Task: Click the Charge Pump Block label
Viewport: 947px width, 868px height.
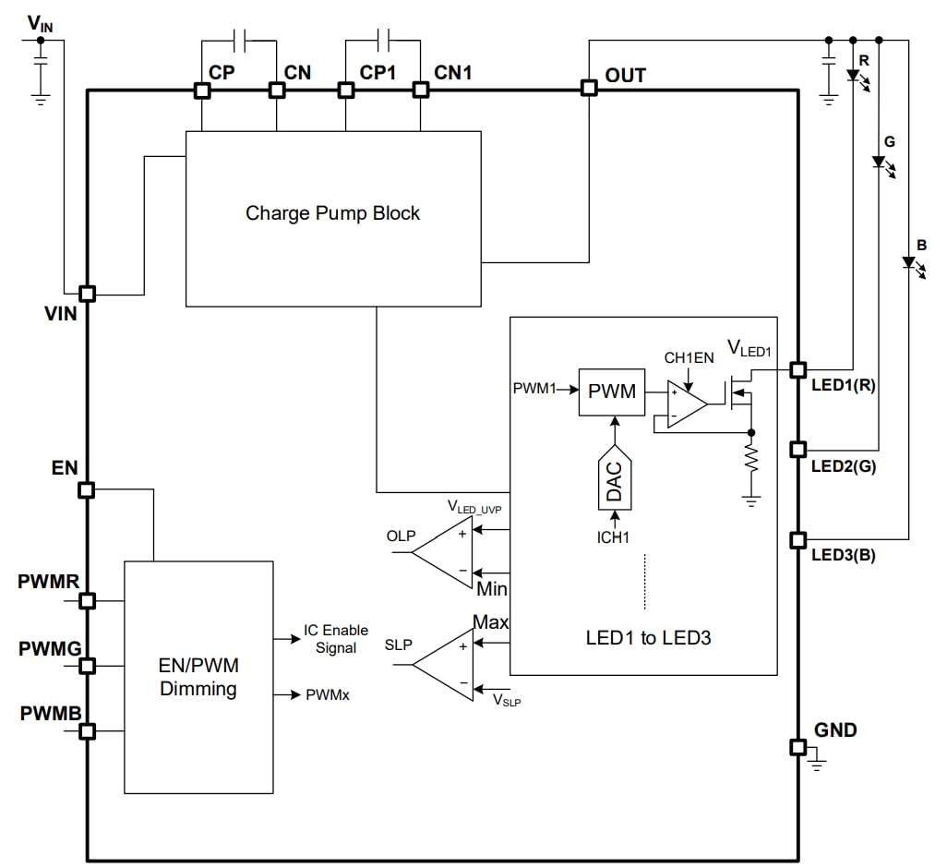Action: [x=332, y=213]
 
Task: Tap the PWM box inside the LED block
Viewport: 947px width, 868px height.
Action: [x=612, y=391]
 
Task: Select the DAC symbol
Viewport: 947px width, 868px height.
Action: [x=614, y=478]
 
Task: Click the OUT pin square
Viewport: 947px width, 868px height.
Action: [x=588, y=88]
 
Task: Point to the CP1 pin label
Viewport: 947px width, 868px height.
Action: [x=378, y=72]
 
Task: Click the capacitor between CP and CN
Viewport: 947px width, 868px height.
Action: [x=239, y=40]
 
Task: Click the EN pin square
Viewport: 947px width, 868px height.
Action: [x=87, y=489]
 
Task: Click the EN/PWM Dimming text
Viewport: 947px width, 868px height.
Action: [x=198, y=677]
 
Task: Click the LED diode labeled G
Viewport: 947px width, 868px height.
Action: [x=879, y=162]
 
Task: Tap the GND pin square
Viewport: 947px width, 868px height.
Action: [x=797, y=746]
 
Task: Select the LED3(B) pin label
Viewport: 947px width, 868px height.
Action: [x=843, y=555]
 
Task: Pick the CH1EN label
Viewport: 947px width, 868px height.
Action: [x=689, y=357]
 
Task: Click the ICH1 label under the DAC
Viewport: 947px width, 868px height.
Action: [x=614, y=536]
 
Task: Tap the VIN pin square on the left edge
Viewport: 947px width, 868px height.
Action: [x=87, y=294]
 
